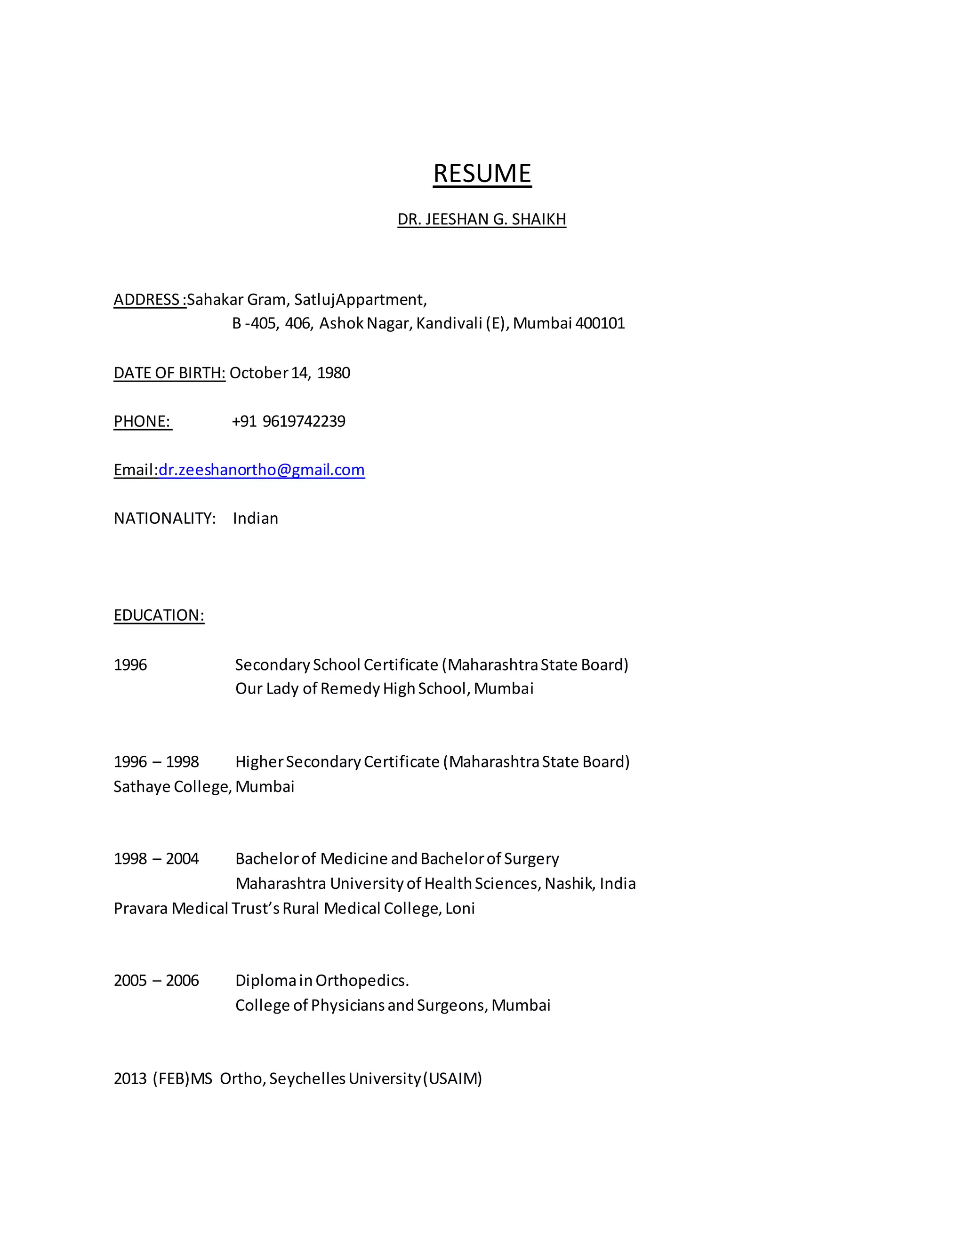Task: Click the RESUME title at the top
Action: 482,174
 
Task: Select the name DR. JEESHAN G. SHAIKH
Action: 482,219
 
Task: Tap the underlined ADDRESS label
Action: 147,300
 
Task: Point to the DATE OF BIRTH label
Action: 169,373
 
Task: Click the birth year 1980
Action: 334,373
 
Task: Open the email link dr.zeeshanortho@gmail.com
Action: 262,470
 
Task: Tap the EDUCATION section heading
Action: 159,615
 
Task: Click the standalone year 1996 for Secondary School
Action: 130,664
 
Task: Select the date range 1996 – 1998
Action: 156,762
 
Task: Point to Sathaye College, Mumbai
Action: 204,787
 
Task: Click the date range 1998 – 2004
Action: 156,859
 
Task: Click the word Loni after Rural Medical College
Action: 460,908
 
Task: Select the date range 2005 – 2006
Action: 156,980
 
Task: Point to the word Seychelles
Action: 307,1079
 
